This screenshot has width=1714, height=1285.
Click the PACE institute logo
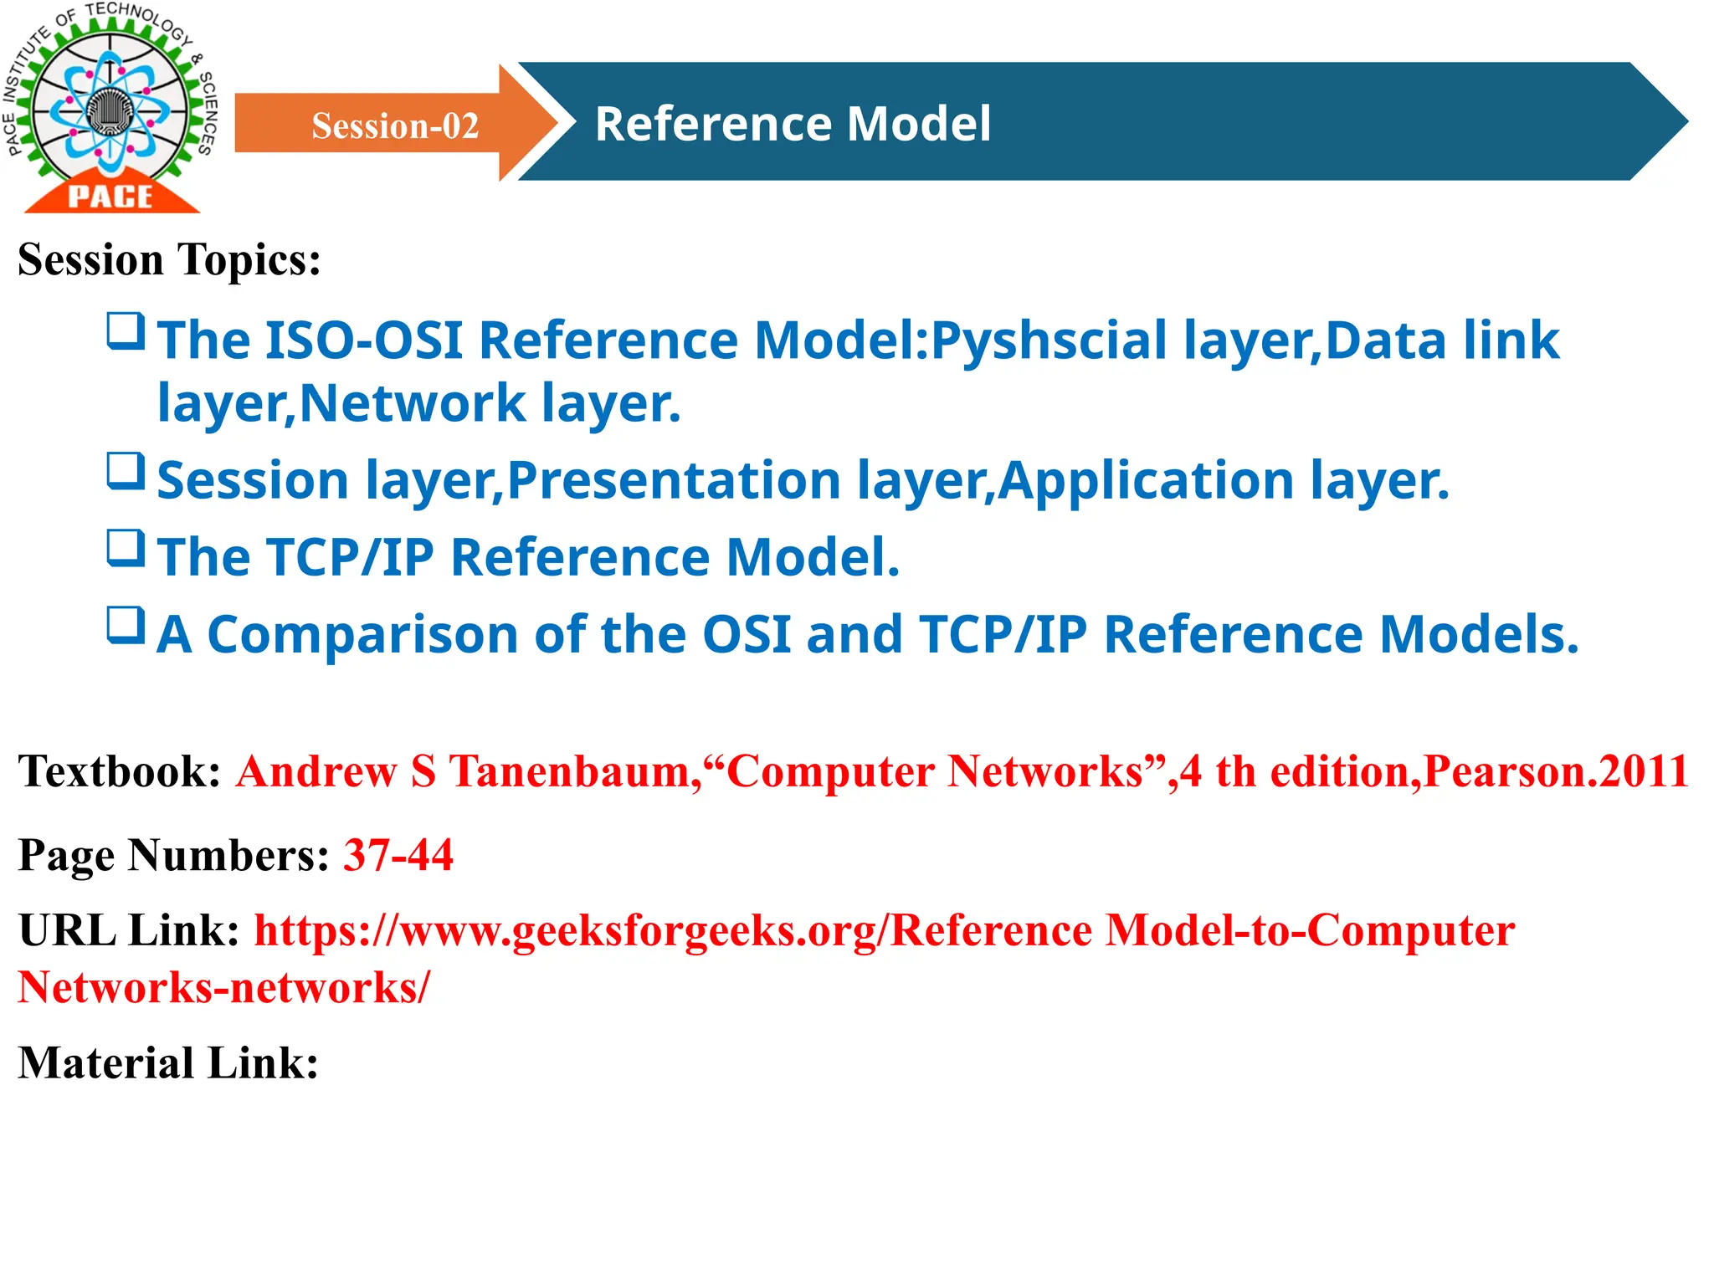pos(110,109)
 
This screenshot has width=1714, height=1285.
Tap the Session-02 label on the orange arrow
pos(395,125)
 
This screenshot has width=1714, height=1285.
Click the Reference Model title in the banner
pos(793,124)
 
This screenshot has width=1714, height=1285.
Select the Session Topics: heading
pos(169,259)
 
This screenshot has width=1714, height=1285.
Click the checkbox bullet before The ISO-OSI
pos(126,331)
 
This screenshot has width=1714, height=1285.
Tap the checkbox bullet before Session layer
pos(126,471)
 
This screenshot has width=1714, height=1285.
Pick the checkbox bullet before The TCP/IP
pos(126,549)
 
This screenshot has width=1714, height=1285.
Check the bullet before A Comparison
pos(126,626)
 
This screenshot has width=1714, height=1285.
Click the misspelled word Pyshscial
pos(1049,341)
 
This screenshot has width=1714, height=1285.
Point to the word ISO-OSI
pos(363,340)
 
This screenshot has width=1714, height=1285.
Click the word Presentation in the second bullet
pos(674,481)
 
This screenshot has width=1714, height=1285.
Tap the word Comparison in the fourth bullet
pos(362,635)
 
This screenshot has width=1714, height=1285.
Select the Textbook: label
pos(119,770)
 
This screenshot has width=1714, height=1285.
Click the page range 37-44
pos(398,855)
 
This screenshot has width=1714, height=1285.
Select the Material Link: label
pos(168,1063)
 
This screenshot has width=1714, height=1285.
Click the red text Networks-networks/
pos(223,988)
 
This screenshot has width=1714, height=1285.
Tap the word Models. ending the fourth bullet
pos(1478,635)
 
